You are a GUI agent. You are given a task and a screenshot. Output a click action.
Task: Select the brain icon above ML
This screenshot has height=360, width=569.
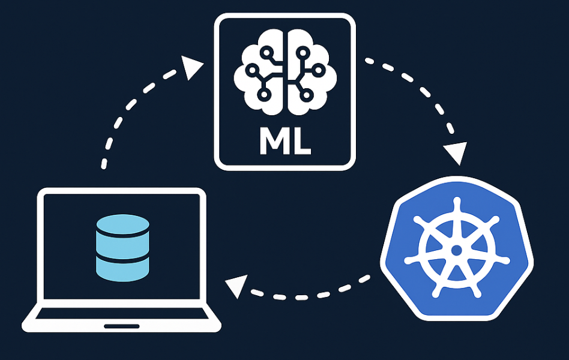pyautogui.click(x=286, y=73)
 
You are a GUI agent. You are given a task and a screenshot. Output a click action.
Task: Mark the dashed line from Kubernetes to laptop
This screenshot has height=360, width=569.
pyautogui.click(x=312, y=294)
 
